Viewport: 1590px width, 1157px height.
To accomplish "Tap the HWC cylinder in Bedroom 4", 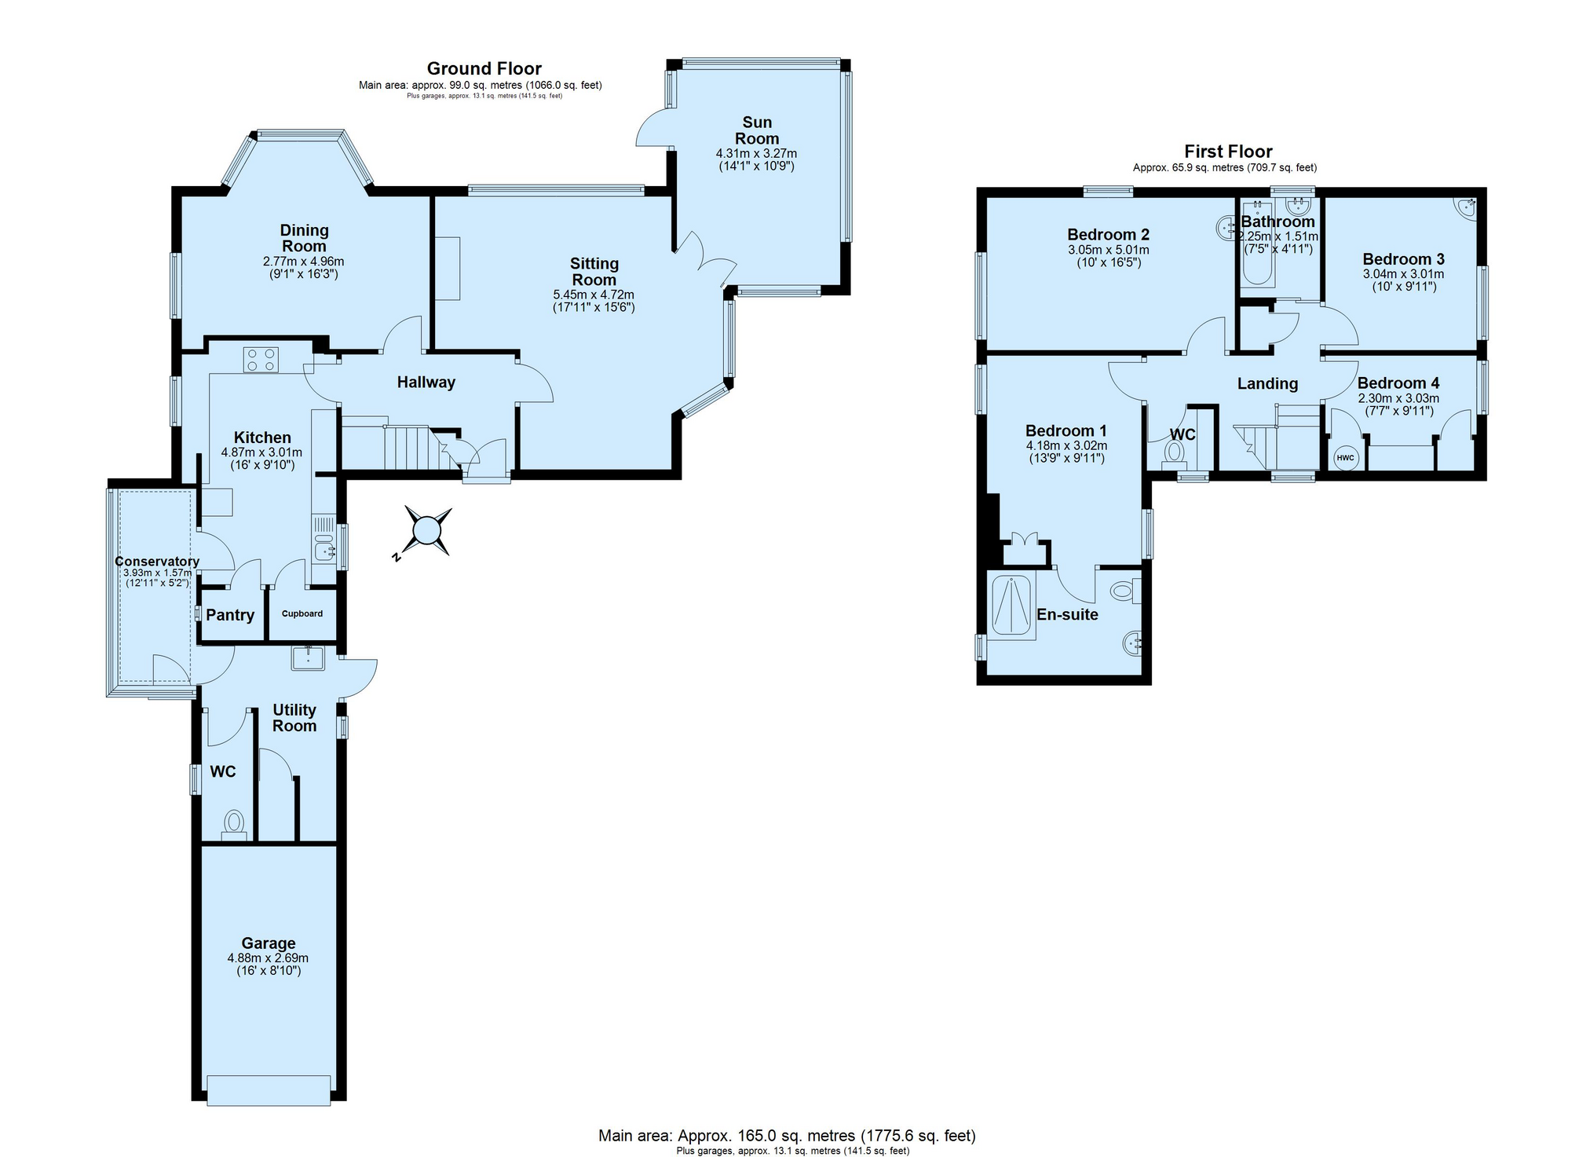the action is [1345, 458].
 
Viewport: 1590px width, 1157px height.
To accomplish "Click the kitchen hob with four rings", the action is [261, 359].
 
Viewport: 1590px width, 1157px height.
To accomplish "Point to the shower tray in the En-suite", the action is [1011, 606].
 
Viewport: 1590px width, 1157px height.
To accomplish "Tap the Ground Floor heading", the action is [484, 68].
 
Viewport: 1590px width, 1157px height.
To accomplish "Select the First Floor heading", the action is [1228, 152].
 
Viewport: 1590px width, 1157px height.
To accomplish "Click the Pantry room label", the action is [230, 615].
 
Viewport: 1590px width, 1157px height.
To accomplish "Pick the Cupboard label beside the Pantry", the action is [302, 613].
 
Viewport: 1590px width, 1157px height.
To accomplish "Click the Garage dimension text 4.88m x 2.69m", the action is [268, 958].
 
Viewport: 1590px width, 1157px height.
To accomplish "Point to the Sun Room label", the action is [757, 130].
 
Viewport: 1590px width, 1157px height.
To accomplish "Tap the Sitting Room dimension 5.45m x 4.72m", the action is [594, 295].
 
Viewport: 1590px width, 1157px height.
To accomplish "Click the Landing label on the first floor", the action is [1267, 383].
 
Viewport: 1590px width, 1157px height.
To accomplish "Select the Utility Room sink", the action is [309, 657].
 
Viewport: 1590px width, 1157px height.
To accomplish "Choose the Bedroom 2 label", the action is [1108, 234].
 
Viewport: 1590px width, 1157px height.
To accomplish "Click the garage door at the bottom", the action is [269, 1090].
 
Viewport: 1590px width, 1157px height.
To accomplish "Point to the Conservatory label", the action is [157, 562].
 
